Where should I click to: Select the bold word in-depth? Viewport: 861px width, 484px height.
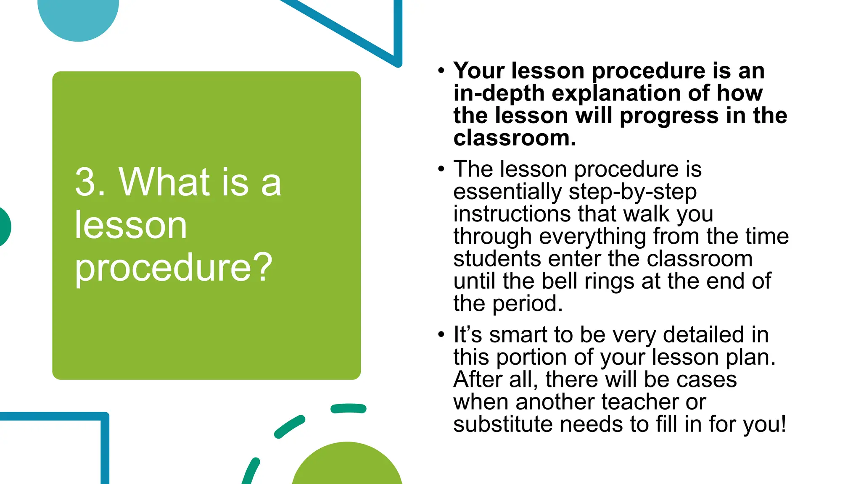[499, 93]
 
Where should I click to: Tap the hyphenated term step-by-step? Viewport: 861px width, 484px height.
[633, 192]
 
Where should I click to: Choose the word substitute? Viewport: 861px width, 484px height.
[503, 424]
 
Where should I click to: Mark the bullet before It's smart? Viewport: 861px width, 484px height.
[441, 335]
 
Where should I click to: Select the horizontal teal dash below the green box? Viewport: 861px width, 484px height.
[348, 408]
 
